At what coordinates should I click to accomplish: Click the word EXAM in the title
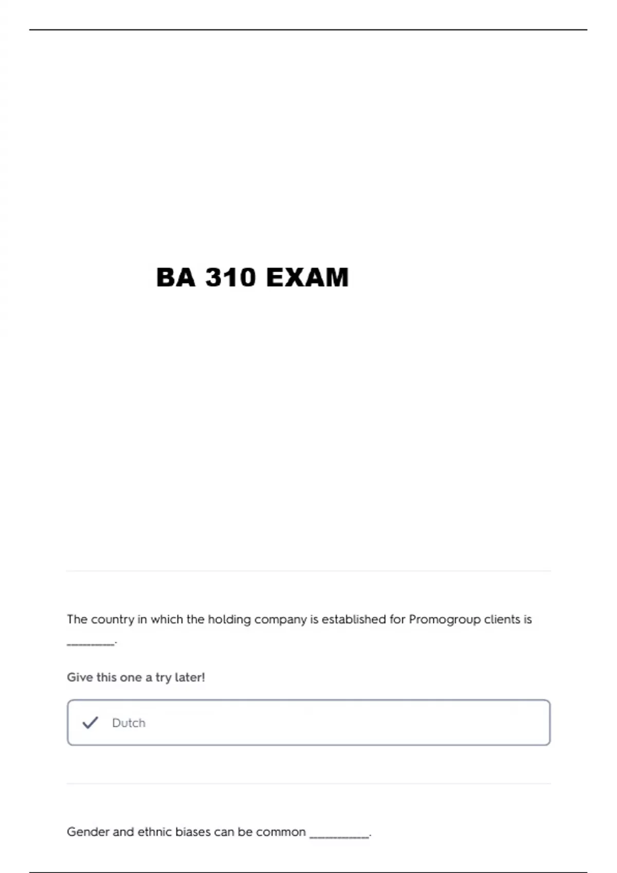307,278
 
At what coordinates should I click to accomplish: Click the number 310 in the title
230,278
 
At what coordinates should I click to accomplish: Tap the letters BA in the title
176,278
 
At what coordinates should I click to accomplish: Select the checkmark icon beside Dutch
90,723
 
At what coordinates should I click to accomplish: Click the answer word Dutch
129,723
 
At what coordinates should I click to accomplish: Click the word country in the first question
112,619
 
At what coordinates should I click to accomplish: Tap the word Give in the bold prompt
80,677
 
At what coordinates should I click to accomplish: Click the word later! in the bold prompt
190,677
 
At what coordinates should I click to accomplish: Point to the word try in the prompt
163,678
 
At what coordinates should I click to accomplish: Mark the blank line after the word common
339,837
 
